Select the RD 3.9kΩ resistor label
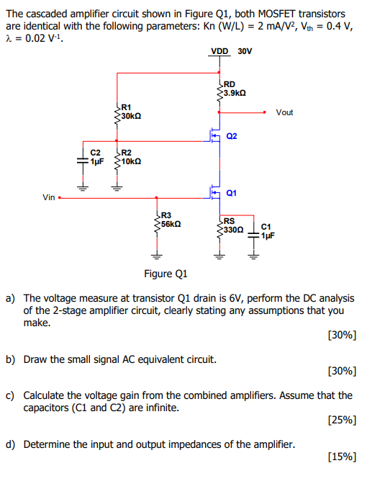point(235,89)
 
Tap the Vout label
point(284,112)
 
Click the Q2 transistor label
point(232,136)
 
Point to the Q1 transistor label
point(231,193)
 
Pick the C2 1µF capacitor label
point(96,157)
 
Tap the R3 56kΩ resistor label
point(170,220)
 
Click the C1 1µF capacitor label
point(267,231)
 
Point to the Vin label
point(49,197)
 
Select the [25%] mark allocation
point(342,419)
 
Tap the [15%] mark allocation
point(342,457)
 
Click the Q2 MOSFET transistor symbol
point(215,135)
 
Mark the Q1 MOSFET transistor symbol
point(215,192)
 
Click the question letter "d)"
point(12,444)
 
